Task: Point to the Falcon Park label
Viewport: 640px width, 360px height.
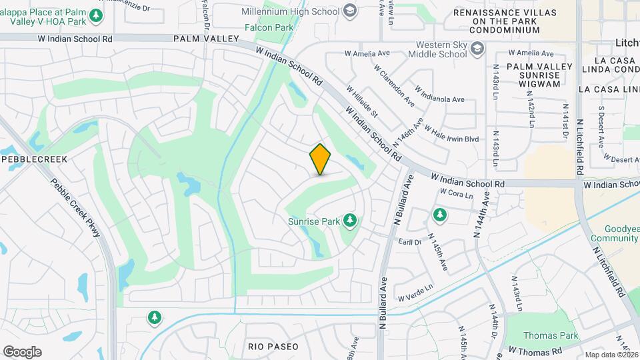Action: (x=269, y=28)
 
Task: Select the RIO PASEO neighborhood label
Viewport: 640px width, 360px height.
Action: (x=273, y=347)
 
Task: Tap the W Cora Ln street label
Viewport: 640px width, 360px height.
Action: (x=456, y=194)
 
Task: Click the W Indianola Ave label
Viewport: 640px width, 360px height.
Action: (x=439, y=93)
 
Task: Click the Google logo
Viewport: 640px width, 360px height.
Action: (x=21, y=351)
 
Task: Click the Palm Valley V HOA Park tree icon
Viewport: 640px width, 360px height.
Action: (x=97, y=15)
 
